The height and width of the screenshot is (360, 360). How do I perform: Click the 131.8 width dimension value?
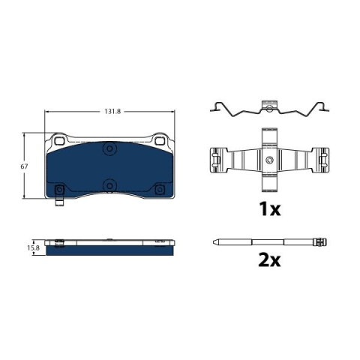112,112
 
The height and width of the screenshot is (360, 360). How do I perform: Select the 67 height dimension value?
24,166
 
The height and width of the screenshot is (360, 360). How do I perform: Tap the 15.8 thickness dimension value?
34,248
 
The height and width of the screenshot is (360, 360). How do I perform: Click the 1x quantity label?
270,209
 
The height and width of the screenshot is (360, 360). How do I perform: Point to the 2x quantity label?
269,260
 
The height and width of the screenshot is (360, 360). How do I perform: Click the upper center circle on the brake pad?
109,149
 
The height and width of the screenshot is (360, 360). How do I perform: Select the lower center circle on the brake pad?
109,186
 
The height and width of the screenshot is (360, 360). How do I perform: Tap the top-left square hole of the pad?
59,140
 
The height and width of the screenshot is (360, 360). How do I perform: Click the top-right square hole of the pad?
159,141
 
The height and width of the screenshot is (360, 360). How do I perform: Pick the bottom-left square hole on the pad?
59,190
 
